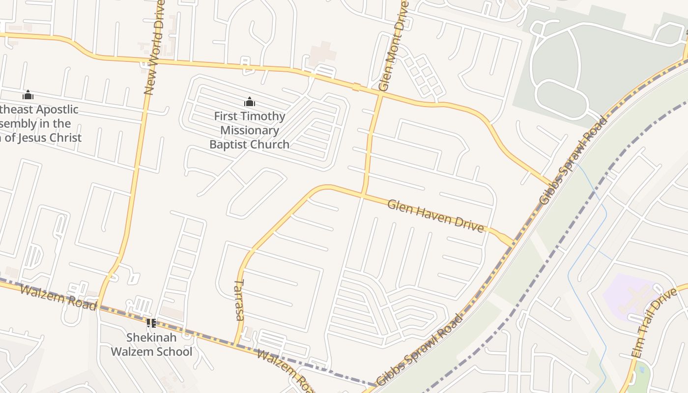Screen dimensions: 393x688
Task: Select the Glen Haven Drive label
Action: tap(435, 215)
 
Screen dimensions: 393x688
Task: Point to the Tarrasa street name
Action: tap(239, 300)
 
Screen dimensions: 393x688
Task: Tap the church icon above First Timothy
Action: tap(250, 102)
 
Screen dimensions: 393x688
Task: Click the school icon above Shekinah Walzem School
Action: tap(151, 323)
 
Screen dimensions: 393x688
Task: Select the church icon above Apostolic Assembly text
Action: tap(28, 95)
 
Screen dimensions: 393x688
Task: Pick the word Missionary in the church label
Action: tap(250, 130)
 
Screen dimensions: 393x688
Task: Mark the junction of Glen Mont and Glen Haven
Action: tap(363, 195)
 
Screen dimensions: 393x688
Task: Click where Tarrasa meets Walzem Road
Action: tap(236, 344)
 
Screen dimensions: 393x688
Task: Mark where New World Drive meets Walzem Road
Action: tap(100, 306)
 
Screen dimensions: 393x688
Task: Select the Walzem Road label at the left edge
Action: tap(58, 296)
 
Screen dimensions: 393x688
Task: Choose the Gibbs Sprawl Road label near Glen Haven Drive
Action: tap(573, 160)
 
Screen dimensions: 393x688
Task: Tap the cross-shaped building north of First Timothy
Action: tap(322, 53)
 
